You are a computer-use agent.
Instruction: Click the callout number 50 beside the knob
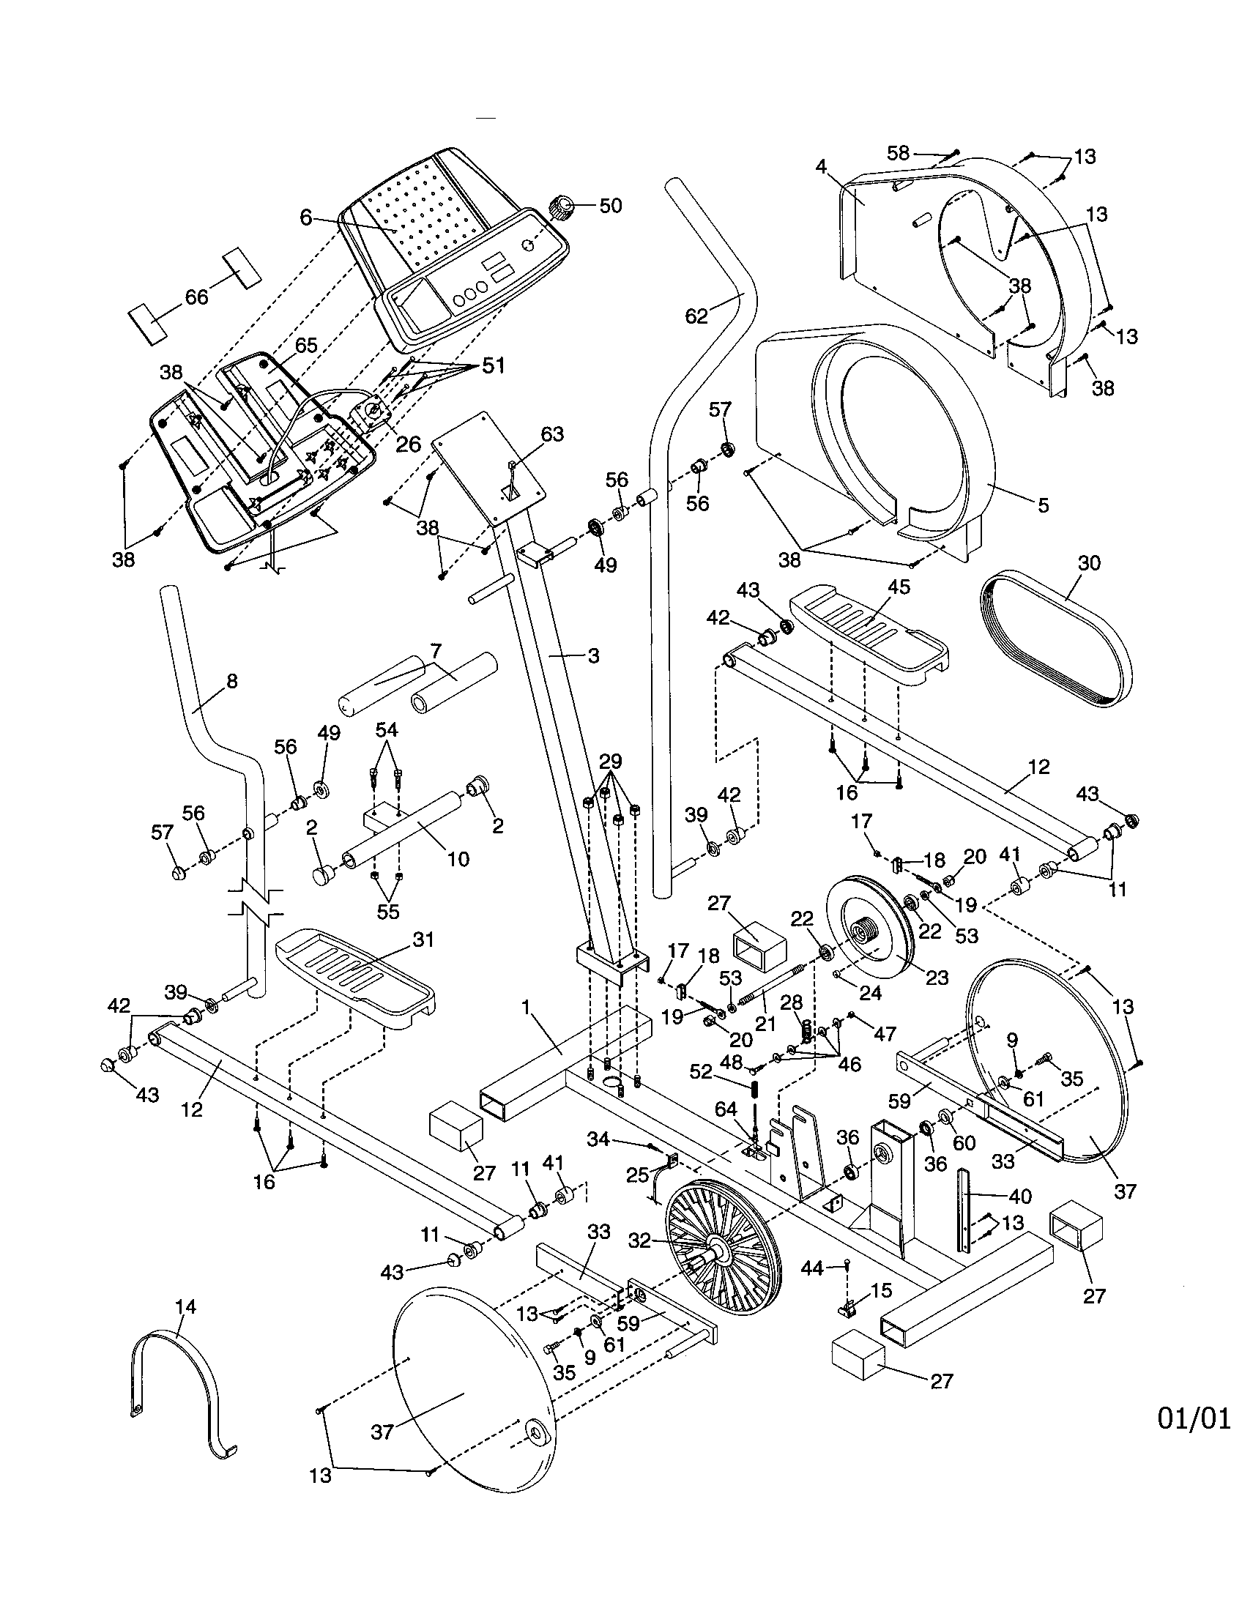tap(610, 205)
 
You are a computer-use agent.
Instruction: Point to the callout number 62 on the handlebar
tap(696, 316)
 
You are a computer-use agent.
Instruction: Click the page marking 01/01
tap(1194, 1418)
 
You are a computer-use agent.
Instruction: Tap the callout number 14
tap(186, 1306)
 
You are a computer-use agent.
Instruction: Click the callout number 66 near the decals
tap(196, 297)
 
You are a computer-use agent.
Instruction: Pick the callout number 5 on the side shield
tap(1043, 505)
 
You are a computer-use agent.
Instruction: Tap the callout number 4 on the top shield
tap(822, 167)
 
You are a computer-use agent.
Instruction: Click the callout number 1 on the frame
tap(526, 1007)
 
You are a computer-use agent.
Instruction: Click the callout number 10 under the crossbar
tap(458, 859)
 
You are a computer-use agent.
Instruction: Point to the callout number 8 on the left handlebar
tap(231, 681)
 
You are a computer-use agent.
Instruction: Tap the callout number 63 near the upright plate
tap(551, 434)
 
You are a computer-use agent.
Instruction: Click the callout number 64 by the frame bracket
tap(726, 1130)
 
